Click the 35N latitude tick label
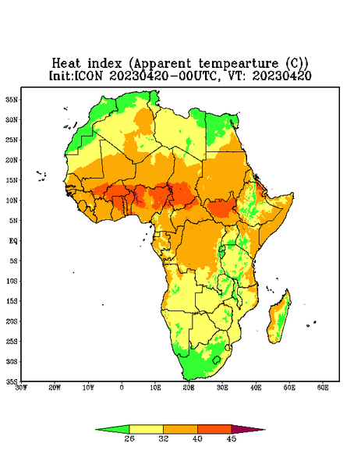(x=12, y=100)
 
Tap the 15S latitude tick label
(x=12, y=301)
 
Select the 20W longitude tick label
(x=55, y=388)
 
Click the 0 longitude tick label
(x=122, y=388)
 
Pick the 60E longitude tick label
(x=323, y=388)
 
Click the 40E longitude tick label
(x=256, y=388)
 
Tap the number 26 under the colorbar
(x=129, y=438)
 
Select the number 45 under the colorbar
(x=232, y=438)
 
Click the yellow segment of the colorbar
(x=146, y=429)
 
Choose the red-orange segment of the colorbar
(x=214, y=429)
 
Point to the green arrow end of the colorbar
(x=112, y=429)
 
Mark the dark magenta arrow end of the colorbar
(x=248, y=429)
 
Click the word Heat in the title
(x=66, y=64)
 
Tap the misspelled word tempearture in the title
(x=239, y=64)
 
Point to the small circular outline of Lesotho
(x=216, y=360)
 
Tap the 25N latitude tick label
(x=12, y=140)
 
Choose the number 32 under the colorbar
(x=164, y=438)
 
